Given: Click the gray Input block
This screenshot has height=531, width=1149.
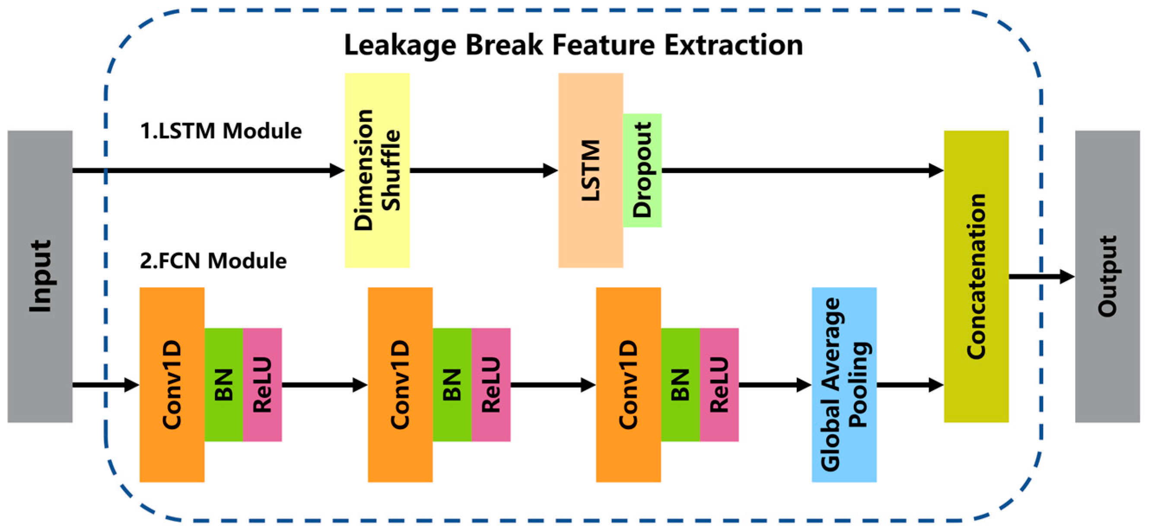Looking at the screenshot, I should pos(40,276).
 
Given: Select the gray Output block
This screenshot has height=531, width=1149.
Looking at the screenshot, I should pos(1107,276).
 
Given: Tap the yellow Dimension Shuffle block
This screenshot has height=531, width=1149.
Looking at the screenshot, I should pos(377,170).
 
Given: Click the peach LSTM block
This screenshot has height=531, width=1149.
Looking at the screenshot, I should pos(591,170).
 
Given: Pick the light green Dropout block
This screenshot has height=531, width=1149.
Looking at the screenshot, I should pos(642,170).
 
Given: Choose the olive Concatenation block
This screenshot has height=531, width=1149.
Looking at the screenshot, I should pos(976,276).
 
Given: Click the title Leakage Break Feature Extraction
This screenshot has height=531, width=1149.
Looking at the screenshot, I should pos(573,45).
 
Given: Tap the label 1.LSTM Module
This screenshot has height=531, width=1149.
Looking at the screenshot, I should pos(221,131).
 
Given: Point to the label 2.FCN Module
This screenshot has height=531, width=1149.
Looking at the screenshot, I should pos(213,261).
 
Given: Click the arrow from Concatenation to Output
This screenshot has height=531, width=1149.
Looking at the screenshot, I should pos(1041,277).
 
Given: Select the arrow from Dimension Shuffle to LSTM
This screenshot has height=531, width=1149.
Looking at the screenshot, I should pos(484,170).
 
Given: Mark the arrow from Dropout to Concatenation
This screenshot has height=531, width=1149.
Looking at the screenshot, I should pos(802,170).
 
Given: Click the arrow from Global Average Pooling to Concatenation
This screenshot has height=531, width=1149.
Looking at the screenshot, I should pos(910,385).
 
